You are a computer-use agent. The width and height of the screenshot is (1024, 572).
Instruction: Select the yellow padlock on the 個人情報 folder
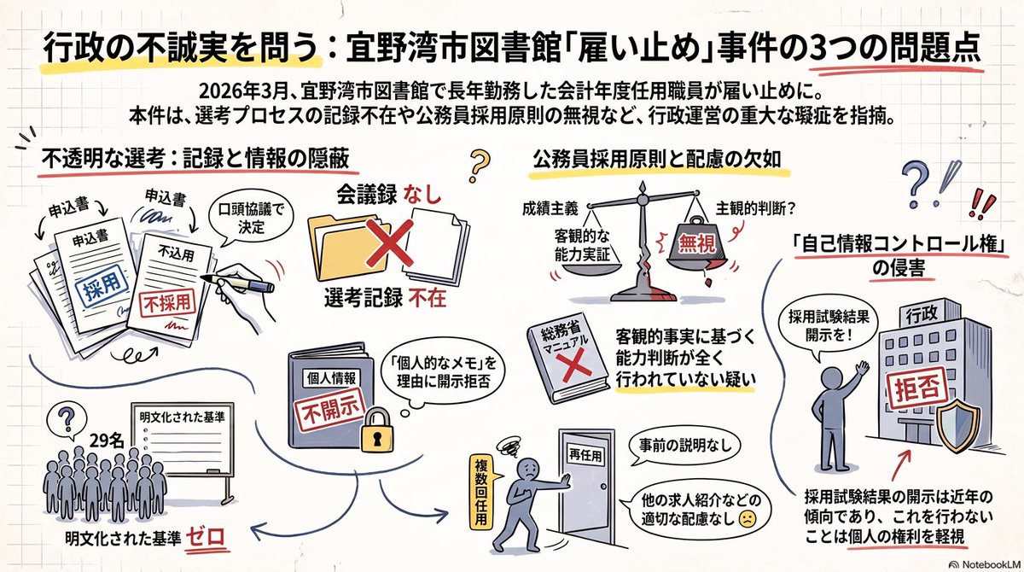coord(377,429)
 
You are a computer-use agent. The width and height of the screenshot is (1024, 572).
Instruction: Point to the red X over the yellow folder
coord(389,242)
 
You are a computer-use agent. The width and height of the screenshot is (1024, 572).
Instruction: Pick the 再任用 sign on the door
coord(586,456)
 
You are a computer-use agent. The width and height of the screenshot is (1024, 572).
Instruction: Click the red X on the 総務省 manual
coord(576,365)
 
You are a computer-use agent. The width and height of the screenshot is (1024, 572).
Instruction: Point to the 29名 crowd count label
coord(107,441)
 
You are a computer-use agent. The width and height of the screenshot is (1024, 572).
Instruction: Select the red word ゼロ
coord(206,538)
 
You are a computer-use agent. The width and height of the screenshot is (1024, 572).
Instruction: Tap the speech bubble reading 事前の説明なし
coord(684,445)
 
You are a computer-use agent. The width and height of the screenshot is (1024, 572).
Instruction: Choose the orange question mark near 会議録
coord(479,166)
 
